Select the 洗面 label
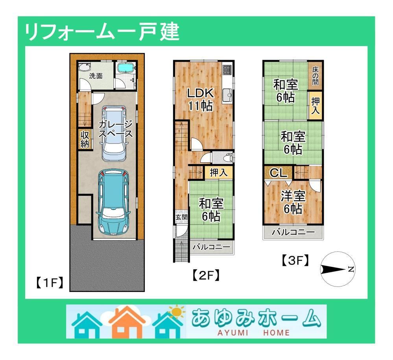(x=96, y=76)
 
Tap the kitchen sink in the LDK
(x=227, y=95)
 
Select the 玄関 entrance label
(x=181, y=217)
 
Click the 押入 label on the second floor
(x=218, y=172)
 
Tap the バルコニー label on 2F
(x=211, y=248)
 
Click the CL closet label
(x=279, y=173)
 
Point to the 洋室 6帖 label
(x=292, y=202)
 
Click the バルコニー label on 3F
(x=293, y=232)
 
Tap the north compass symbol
(x=338, y=270)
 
